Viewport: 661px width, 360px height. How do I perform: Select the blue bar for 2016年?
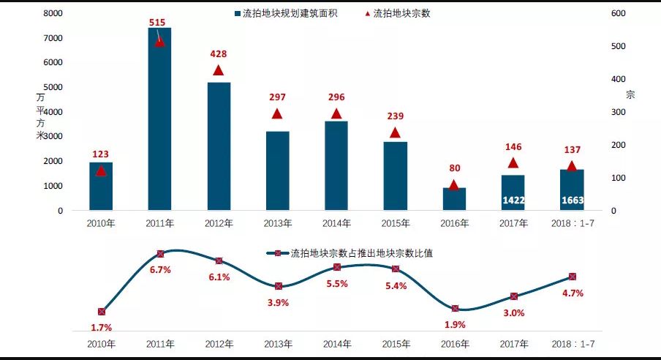point(454,199)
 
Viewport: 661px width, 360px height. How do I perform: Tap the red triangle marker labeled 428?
point(218,71)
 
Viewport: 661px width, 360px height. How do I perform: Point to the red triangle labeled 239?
point(395,133)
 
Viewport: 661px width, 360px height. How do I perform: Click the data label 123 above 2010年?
point(100,154)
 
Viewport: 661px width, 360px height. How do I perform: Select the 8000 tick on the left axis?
point(52,13)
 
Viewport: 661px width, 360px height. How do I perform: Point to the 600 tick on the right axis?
point(617,13)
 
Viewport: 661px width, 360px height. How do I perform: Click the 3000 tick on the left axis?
point(52,137)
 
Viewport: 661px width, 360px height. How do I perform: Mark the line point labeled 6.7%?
point(160,254)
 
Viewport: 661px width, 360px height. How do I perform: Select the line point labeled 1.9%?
point(455,309)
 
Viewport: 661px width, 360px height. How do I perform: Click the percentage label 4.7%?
point(573,293)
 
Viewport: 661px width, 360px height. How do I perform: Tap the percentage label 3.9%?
point(278,302)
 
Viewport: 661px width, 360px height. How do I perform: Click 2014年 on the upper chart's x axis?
point(336,223)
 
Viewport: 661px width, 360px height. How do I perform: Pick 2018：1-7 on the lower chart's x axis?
point(572,344)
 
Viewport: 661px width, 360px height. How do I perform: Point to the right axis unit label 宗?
point(630,95)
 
